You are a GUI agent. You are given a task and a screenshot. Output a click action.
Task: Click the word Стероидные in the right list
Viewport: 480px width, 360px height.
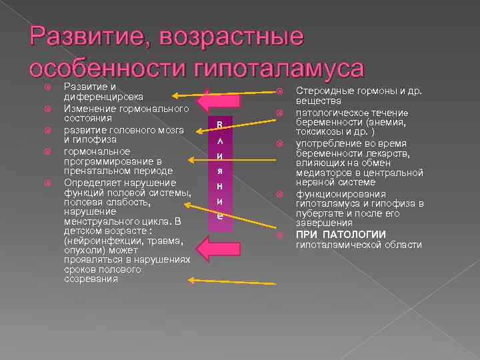pyautogui.click(x=322, y=91)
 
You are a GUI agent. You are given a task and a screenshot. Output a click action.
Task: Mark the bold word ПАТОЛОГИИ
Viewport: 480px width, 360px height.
pyautogui.click(x=360, y=234)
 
